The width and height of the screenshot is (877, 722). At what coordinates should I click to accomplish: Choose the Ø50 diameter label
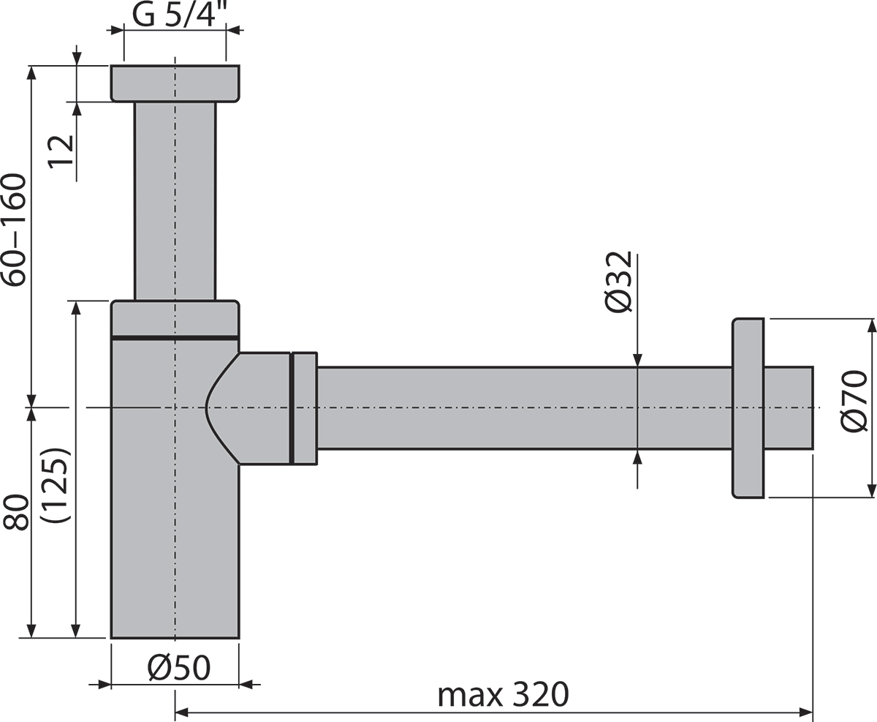point(178,667)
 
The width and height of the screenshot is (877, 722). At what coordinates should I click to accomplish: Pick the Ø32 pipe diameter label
point(618,282)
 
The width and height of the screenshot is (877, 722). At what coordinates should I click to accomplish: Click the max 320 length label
point(502,694)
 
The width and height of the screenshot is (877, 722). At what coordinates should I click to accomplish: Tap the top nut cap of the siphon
point(175,83)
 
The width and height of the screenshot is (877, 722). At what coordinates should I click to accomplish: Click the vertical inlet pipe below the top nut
point(175,201)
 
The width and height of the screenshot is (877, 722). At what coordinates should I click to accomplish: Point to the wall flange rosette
point(748,408)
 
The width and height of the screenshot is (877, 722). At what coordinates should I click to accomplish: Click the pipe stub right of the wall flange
point(789,407)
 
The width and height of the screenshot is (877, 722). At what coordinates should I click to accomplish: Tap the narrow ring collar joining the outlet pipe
point(305,407)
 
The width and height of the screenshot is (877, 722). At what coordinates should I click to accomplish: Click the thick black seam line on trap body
point(175,337)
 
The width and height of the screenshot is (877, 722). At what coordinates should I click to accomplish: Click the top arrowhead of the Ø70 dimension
point(870,326)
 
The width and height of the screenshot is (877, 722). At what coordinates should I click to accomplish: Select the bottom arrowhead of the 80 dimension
point(31,630)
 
